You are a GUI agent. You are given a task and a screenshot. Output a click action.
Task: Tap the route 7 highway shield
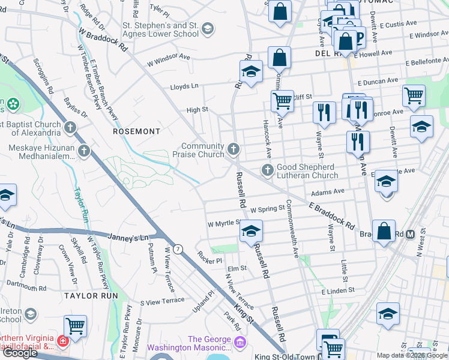point(178,248)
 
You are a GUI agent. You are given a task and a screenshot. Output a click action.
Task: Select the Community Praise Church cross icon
point(234,148)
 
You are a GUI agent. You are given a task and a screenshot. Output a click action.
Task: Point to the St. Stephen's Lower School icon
point(207,29)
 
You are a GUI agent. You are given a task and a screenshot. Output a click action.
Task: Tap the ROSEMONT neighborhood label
point(137,131)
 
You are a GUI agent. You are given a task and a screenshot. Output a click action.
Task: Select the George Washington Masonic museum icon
point(240,343)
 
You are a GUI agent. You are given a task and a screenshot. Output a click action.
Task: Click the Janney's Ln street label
point(128,238)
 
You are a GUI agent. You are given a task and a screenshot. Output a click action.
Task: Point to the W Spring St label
point(268,210)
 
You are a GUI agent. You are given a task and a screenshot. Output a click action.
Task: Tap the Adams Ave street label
point(328,192)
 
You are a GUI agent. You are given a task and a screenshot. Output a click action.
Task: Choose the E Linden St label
point(338,290)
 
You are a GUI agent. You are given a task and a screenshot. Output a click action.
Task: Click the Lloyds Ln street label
point(184,86)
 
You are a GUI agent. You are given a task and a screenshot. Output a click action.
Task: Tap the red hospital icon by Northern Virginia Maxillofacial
point(62,341)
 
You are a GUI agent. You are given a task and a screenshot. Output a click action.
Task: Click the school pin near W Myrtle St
point(252,231)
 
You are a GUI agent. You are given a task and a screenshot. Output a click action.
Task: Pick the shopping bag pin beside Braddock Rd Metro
point(384,232)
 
